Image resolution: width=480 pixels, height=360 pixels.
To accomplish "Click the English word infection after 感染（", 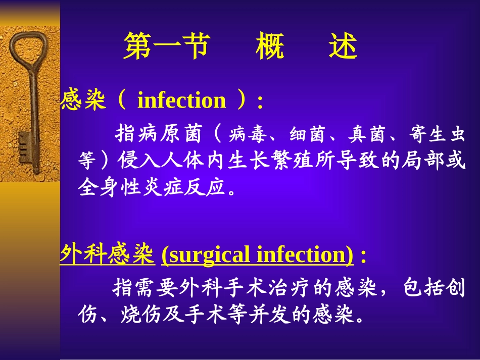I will tap(181, 100).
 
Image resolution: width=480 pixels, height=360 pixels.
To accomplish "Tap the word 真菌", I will tap(364, 134).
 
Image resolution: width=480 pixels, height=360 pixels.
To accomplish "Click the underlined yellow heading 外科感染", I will tap(107, 255).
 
